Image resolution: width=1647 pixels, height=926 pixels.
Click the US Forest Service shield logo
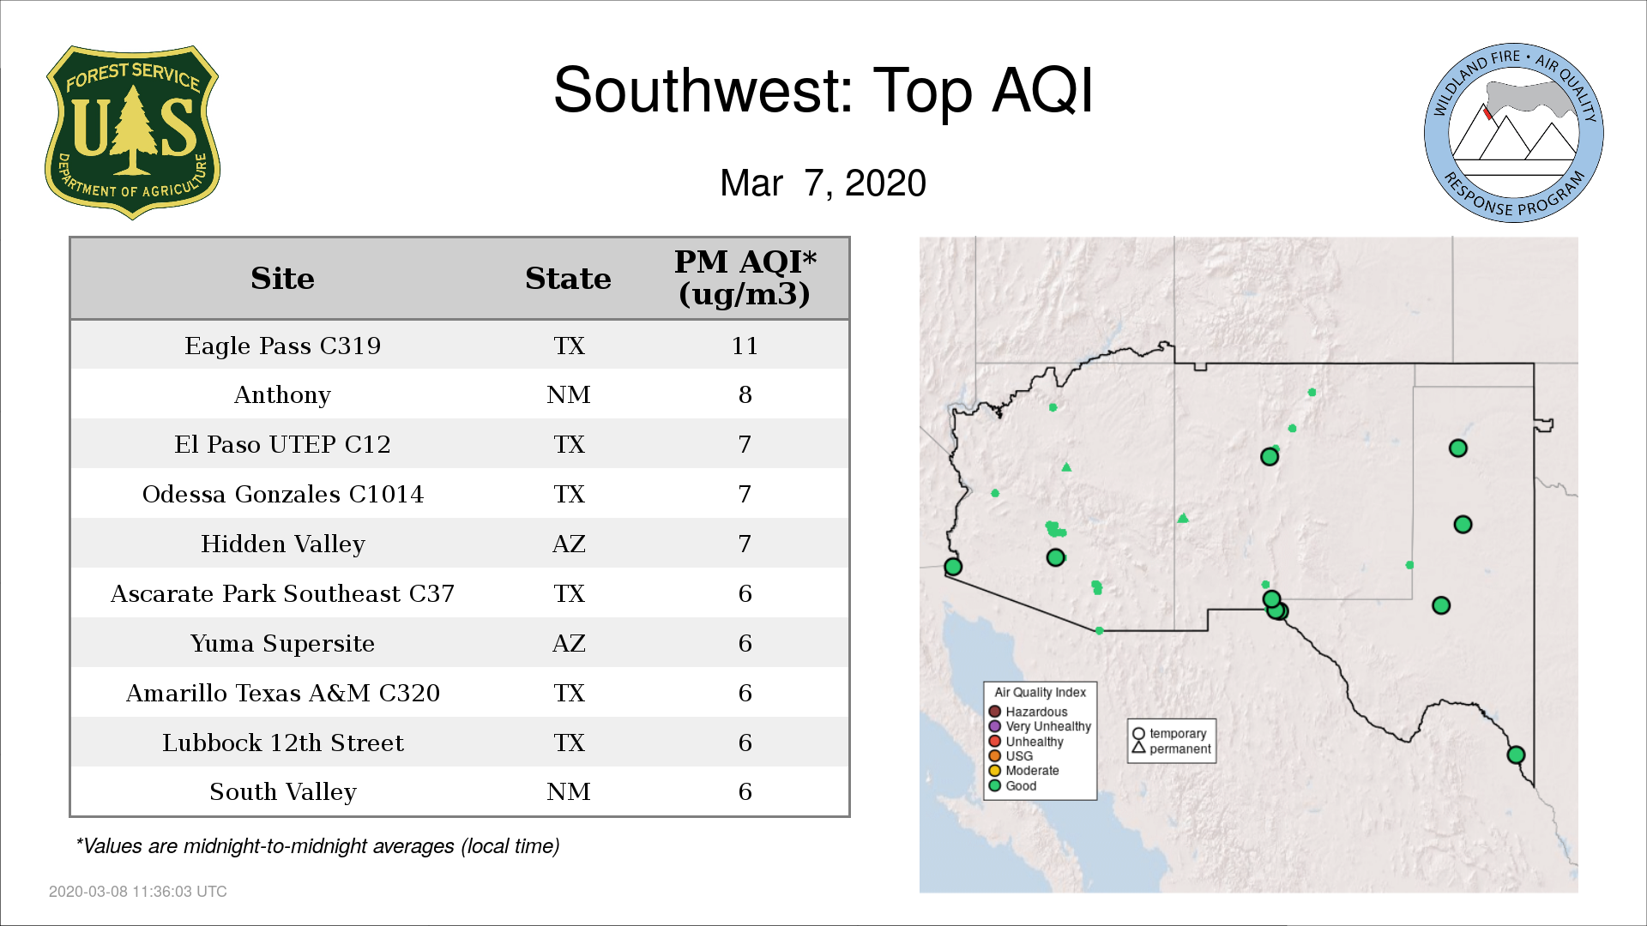[132, 133]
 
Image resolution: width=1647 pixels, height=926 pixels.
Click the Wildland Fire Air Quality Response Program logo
[1514, 133]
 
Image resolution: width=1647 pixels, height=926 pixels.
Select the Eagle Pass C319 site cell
[283, 346]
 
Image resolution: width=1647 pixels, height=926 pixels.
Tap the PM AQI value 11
[745, 346]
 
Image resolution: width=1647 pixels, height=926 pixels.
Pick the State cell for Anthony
[569, 394]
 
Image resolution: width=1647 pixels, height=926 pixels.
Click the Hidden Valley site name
[283, 544]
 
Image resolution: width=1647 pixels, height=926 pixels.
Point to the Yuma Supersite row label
[283, 643]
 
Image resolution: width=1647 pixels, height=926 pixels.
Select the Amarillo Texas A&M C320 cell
[283, 693]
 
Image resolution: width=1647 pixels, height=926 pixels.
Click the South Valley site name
[283, 791]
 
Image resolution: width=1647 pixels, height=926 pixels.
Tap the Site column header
[283, 279]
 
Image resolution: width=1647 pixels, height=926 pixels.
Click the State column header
[568, 279]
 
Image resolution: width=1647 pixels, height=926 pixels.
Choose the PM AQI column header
[745, 278]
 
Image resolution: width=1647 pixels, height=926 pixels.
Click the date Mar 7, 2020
[823, 183]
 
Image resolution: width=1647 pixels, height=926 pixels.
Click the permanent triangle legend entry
[1171, 749]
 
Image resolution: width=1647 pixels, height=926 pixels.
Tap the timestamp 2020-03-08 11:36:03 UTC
[138, 892]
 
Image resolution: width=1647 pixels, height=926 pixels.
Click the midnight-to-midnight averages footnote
[317, 846]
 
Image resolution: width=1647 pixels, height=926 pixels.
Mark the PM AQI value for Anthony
[745, 394]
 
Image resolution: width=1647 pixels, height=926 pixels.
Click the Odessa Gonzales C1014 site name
[283, 494]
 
